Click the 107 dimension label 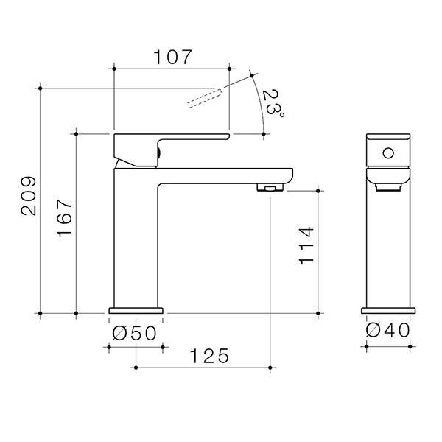point(173,57)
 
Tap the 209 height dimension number point(29,196)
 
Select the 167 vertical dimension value point(65,218)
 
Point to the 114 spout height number point(306,245)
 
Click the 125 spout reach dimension point(209,356)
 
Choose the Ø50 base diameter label point(134,333)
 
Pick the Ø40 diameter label point(388,330)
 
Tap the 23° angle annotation point(273,103)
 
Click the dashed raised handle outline point(204,98)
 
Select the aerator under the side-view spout point(270,187)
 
